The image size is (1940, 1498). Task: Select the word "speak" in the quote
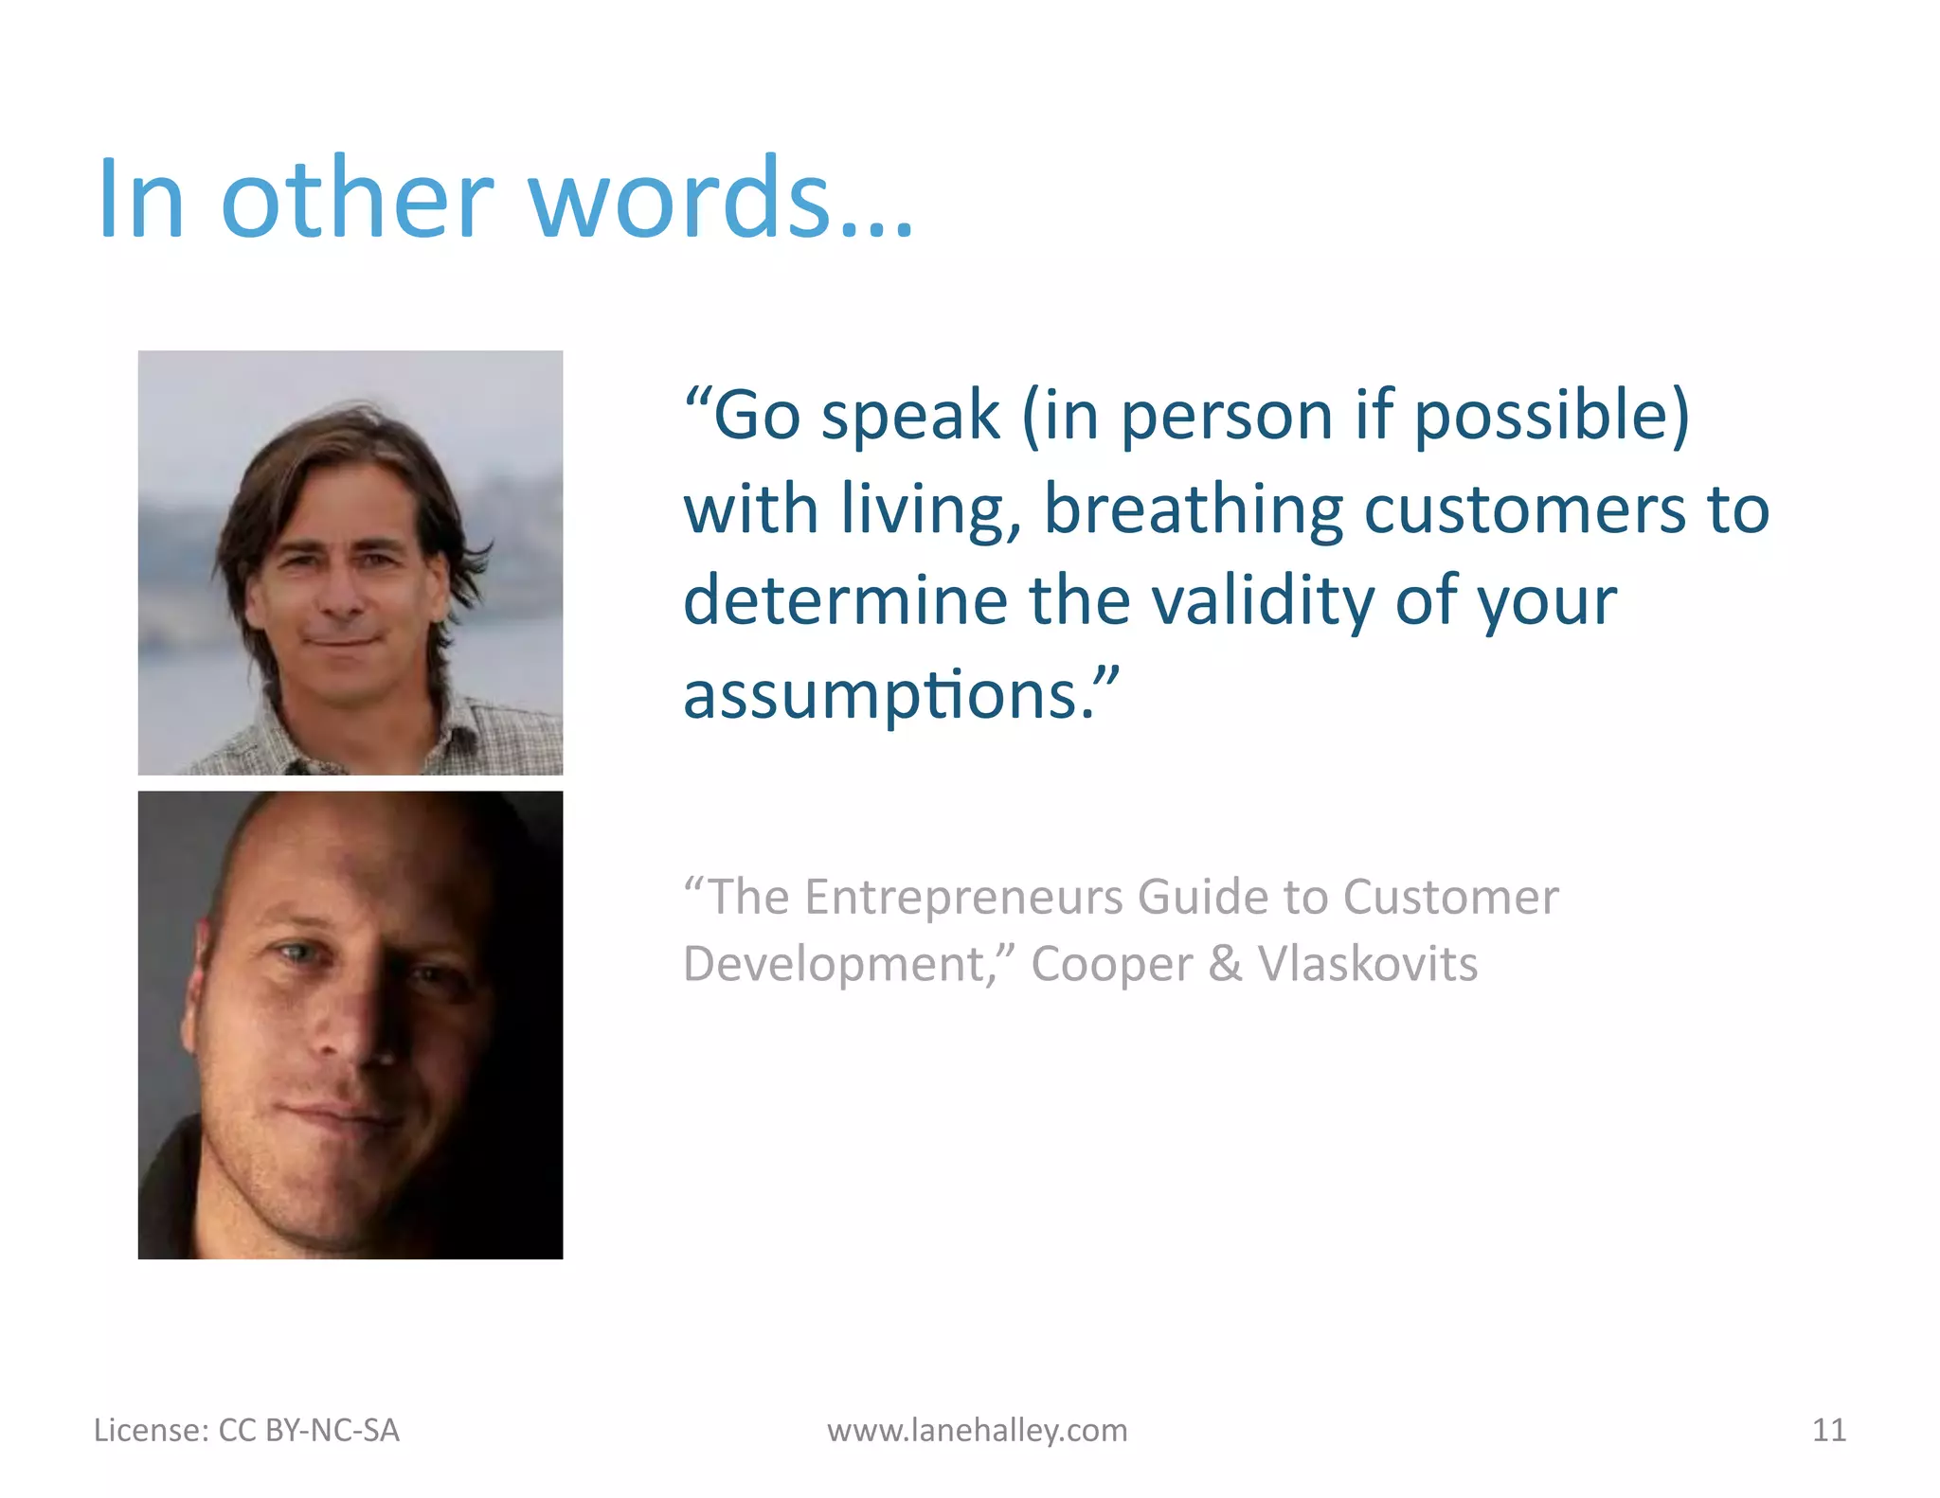910,417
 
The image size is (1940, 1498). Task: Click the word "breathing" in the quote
1193,511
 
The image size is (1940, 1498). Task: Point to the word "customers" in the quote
1525,511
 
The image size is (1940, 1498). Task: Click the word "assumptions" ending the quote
881,696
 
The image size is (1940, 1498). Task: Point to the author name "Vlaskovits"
1367,965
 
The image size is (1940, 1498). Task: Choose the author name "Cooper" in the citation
1111,965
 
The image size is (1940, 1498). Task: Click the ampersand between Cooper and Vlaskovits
1225,965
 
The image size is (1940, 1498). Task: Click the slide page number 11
1828,1430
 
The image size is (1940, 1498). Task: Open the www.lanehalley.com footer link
977,1430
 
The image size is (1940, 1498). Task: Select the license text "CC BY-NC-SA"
309,1430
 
